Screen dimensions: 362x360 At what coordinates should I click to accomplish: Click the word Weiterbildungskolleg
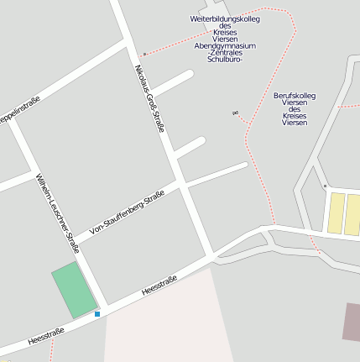(225, 18)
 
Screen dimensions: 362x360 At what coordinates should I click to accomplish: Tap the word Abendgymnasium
(225, 46)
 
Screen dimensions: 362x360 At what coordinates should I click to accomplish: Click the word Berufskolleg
(295, 96)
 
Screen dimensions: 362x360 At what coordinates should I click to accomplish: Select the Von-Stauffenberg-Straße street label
(127, 211)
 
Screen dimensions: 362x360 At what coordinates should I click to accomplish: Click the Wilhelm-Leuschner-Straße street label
(56, 212)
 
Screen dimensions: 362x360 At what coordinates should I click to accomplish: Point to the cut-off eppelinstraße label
(18, 112)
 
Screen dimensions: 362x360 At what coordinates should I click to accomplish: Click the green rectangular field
(75, 290)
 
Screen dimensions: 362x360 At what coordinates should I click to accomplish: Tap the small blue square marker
(97, 314)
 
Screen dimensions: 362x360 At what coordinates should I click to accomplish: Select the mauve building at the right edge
(351, 322)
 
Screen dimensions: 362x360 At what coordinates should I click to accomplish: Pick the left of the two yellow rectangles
(336, 213)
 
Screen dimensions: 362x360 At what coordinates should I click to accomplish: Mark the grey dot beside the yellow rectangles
(325, 186)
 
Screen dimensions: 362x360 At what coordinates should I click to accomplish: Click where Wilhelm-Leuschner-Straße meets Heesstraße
(103, 308)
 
